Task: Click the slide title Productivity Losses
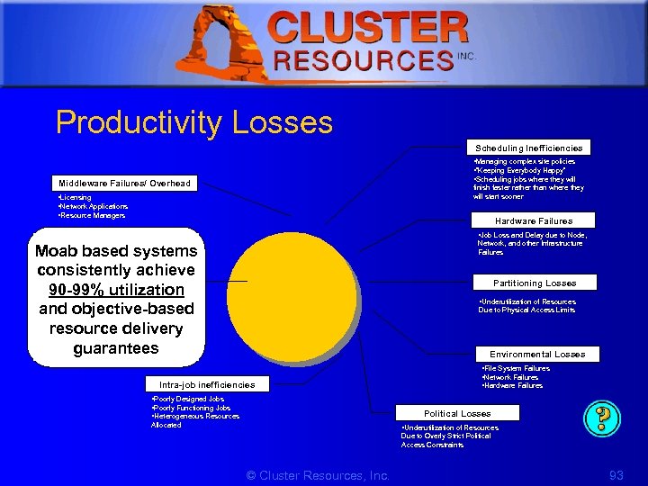point(194,122)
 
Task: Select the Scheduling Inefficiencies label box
point(528,148)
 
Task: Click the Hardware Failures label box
point(534,220)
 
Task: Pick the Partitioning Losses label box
point(535,283)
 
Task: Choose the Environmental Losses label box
point(537,354)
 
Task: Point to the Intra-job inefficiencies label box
point(207,384)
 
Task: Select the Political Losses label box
point(457,413)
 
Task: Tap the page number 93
point(616,474)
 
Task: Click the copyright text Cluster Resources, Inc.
point(318,474)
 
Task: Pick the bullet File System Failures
point(517,368)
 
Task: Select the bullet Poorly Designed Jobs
point(189,399)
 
